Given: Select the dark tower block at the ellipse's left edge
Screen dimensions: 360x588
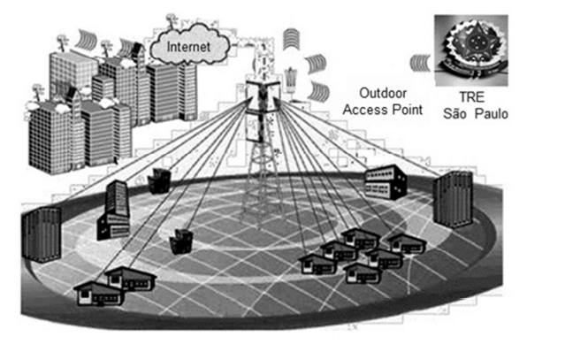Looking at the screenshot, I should pyautogui.click(x=42, y=234).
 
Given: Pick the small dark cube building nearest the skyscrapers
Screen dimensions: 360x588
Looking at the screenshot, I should pyautogui.click(x=160, y=180).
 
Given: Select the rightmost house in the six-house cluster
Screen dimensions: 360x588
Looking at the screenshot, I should pyautogui.click(x=407, y=243).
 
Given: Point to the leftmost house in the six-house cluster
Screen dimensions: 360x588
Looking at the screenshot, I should pyautogui.click(x=316, y=264).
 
